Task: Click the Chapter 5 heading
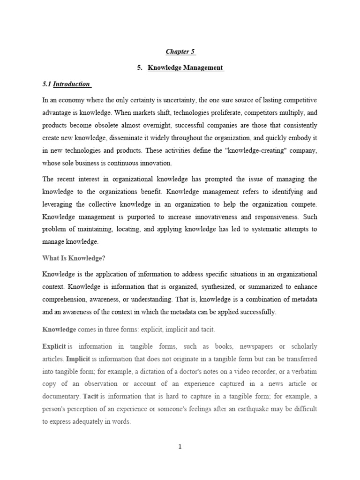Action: pyautogui.click(x=180, y=52)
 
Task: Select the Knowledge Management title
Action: pyautogui.click(x=186, y=68)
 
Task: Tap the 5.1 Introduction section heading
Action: pyautogui.click(x=67, y=84)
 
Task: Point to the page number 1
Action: pyautogui.click(x=180, y=447)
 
